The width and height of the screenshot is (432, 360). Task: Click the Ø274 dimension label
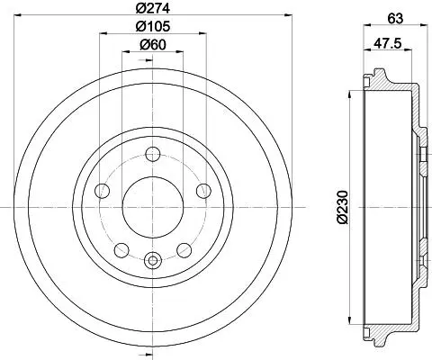pyautogui.click(x=153, y=8)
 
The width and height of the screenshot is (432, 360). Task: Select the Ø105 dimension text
pyautogui.click(x=153, y=26)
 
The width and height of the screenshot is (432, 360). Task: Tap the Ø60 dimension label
pyautogui.click(x=153, y=45)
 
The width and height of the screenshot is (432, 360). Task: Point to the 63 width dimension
pyautogui.click(x=395, y=19)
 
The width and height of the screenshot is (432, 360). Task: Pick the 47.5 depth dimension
pyautogui.click(x=387, y=43)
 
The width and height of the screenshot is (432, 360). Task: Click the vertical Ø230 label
pyautogui.click(x=342, y=207)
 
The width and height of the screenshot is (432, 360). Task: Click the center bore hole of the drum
pyautogui.click(x=153, y=207)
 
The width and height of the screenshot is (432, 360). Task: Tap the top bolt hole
pyautogui.click(x=153, y=154)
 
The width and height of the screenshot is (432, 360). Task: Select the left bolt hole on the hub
pyautogui.click(x=102, y=191)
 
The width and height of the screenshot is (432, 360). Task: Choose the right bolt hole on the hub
pyautogui.click(x=203, y=191)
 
